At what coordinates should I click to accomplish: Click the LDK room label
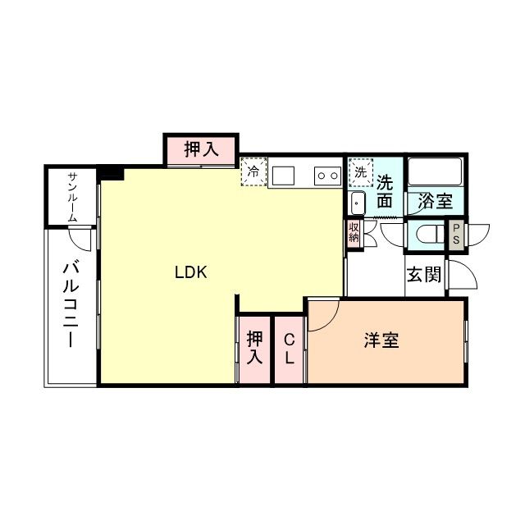(194, 274)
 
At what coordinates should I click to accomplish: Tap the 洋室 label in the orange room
(381, 340)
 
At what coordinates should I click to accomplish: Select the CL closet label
(289, 349)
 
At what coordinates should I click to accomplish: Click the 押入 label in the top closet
(201, 149)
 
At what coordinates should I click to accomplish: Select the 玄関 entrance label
(423, 274)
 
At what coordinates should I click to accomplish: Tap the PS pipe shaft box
(454, 234)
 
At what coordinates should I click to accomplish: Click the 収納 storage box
(354, 232)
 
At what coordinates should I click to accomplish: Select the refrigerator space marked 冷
(253, 173)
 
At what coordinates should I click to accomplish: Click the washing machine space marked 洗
(360, 172)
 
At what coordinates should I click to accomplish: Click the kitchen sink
(283, 175)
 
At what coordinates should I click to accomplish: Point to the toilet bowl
(426, 235)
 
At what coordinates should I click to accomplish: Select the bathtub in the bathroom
(436, 171)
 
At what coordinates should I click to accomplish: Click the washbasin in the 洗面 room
(358, 203)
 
